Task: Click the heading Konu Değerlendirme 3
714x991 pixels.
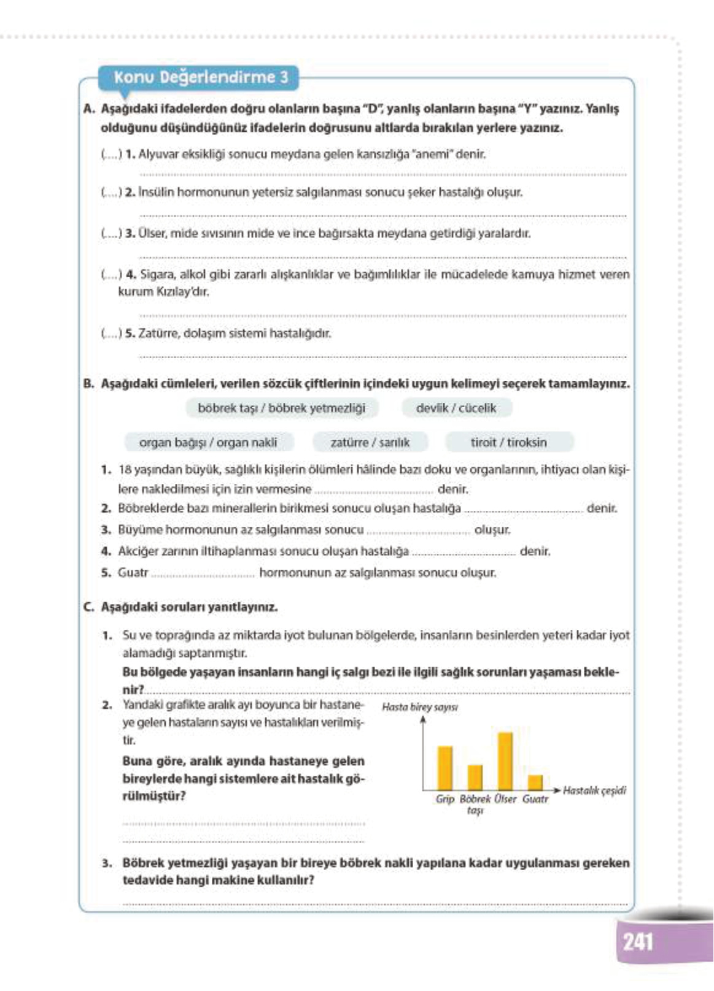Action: click(201, 77)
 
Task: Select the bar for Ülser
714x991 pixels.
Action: click(505, 760)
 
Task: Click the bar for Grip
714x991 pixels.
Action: click(445, 767)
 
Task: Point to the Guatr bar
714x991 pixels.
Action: click(535, 782)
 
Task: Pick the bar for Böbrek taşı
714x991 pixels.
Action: click(475, 776)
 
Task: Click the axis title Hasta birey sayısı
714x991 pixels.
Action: click(419, 707)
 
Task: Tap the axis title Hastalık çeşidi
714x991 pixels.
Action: click(594, 790)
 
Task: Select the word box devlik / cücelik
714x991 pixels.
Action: click(456, 408)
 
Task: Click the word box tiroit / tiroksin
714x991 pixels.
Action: click(508, 442)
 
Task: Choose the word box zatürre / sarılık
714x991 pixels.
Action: click(370, 442)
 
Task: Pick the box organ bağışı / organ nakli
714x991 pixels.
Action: click(208, 442)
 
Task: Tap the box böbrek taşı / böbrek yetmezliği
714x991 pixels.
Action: click(281, 408)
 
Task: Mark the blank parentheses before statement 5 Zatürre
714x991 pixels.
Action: click(111, 334)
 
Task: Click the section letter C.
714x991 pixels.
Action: click(88, 607)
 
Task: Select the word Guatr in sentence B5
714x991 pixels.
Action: click(133, 572)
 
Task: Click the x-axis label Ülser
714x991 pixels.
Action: click(505, 799)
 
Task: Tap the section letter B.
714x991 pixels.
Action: click(88, 384)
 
